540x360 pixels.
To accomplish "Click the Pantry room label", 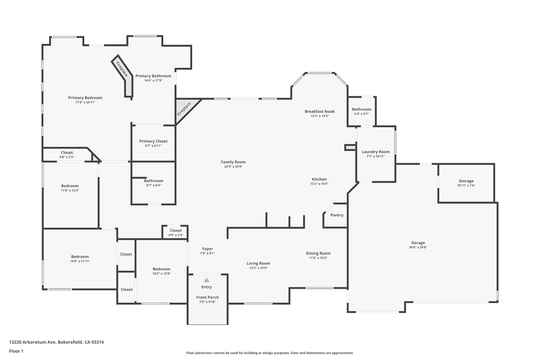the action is point(337,215).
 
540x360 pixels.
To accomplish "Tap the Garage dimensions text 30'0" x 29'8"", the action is point(418,247).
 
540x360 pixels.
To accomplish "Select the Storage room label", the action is point(466,181).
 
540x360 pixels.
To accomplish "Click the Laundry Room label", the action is point(375,152).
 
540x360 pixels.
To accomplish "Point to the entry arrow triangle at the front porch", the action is point(206,280).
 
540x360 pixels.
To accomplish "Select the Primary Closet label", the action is point(153,141).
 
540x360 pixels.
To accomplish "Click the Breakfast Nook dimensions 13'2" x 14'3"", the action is point(320,116).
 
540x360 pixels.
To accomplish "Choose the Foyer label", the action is point(208,249).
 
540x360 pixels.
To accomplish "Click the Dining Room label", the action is point(318,253).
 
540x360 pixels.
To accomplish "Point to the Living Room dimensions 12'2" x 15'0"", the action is point(258,268).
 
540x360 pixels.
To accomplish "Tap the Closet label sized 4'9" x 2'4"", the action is point(176,231).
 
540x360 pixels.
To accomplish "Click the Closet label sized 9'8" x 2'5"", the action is point(67,152).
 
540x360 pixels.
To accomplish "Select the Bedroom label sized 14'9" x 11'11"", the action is point(80,257).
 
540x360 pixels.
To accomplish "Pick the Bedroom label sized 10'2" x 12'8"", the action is point(161,269).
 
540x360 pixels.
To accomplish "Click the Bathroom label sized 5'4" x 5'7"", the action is point(361,109).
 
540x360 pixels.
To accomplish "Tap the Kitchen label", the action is point(319,179).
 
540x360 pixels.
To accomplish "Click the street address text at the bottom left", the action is point(56,342).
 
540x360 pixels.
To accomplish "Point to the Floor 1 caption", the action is point(16,351).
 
